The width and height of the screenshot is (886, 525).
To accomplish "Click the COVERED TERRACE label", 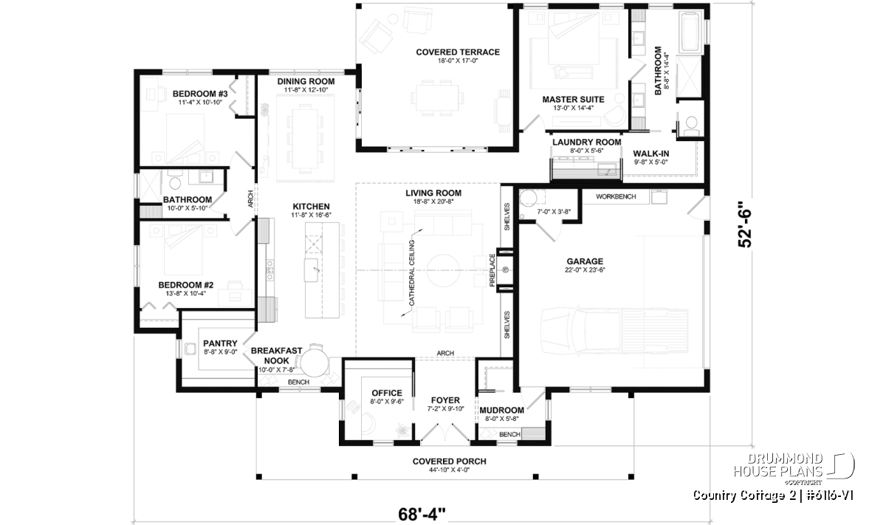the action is click(x=458, y=52).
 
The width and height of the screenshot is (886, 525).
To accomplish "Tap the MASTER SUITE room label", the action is click(x=573, y=100).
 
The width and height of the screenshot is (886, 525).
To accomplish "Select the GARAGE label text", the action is click(x=585, y=261).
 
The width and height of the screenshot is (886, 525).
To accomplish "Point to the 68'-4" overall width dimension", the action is click(x=422, y=515).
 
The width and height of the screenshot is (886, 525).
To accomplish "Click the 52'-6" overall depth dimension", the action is click(x=744, y=224).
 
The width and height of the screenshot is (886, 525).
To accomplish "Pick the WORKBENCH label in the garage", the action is click(x=616, y=196).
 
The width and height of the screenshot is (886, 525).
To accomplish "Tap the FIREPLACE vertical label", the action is click(x=492, y=270).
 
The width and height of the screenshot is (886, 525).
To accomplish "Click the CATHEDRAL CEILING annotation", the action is click(x=411, y=273).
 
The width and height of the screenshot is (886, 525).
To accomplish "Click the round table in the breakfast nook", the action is click(x=315, y=363).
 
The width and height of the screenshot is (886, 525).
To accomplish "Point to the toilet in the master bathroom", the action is click(x=691, y=123).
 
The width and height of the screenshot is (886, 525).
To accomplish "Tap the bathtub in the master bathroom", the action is click(x=690, y=32).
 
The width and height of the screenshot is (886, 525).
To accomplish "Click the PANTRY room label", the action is click(x=220, y=343).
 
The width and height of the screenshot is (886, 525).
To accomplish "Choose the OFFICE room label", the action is click(x=387, y=393).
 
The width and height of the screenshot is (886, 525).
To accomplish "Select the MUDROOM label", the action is click(x=501, y=411).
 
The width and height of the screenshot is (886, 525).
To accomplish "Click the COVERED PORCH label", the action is click(x=450, y=461).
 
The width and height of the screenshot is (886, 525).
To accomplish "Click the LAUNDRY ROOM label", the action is click(x=587, y=142).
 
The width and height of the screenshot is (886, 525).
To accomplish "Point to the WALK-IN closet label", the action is click(x=651, y=154).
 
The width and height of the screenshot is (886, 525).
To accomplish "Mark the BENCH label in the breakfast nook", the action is click(x=298, y=382).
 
